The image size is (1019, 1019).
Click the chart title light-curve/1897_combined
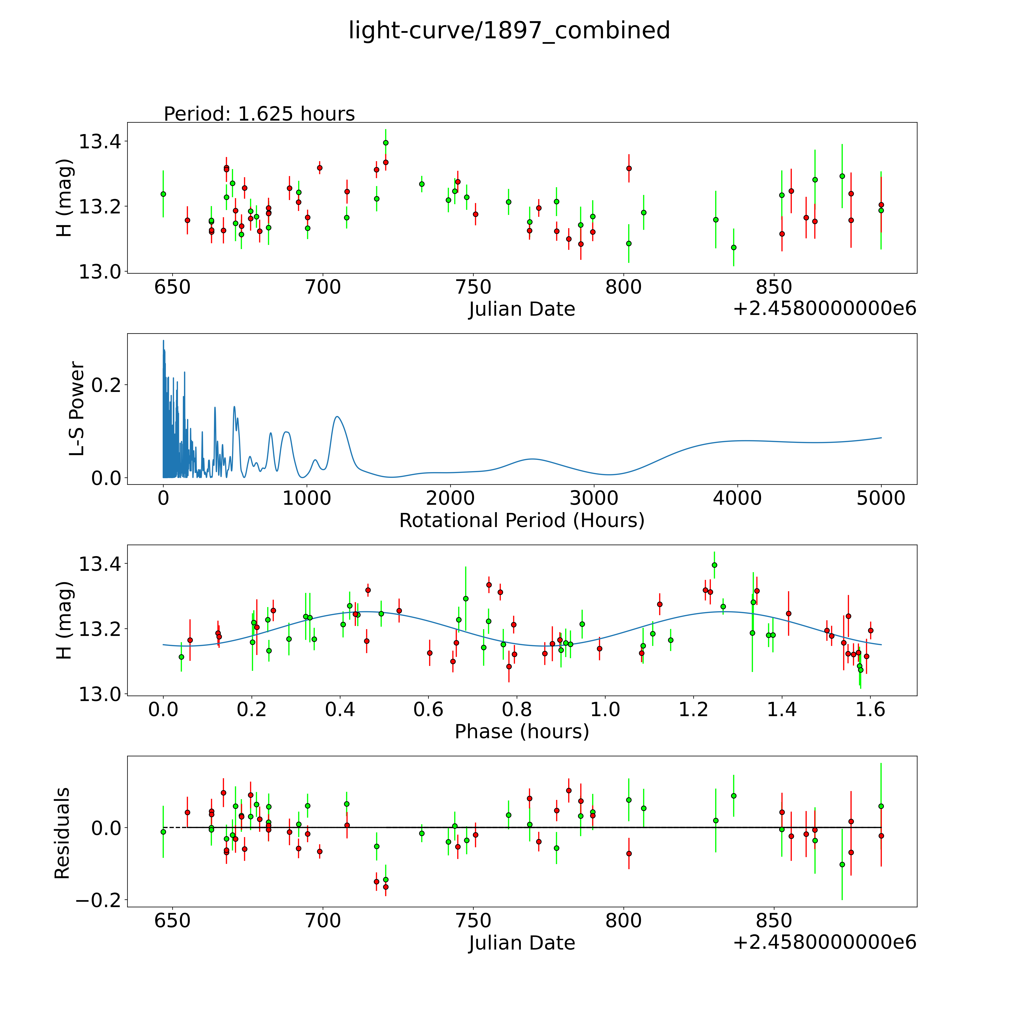click(509, 31)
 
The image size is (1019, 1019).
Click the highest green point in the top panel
click(386, 142)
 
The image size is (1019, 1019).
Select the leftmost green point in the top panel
click(163, 194)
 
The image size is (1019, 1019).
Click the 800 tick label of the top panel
click(623, 287)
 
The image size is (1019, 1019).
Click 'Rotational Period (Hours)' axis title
click(522, 521)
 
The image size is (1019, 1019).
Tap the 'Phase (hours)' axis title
click(522, 732)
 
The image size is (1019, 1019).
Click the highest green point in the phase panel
click(714, 565)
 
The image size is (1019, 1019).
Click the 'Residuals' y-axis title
click(62, 833)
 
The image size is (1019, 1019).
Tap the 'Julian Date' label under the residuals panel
click(522, 943)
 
